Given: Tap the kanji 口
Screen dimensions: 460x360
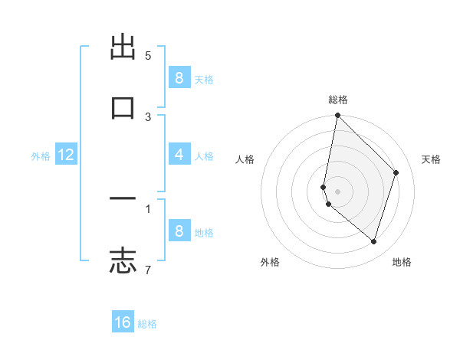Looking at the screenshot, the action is pyautogui.click(x=123, y=107).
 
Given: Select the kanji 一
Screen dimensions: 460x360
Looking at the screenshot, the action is pyautogui.click(x=123, y=198).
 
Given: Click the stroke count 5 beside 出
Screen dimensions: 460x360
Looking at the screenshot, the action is pyautogui.click(x=148, y=56).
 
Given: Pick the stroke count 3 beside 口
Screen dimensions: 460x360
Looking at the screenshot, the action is pyautogui.click(x=148, y=116).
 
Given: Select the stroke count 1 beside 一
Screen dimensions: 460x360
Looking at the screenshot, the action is pyautogui.click(x=148, y=208).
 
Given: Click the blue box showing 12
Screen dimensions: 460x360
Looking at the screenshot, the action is pyautogui.click(x=66, y=155).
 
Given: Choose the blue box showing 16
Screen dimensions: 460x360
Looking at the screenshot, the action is pyautogui.click(x=123, y=322).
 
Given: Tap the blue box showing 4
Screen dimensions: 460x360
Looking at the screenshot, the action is pyautogui.click(x=179, y=155).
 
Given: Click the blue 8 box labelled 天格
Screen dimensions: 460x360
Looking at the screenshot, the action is pyautogui.click(x=179, y=78).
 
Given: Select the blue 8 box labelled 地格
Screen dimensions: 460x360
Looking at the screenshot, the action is pyautogui.click(x=179, y=231).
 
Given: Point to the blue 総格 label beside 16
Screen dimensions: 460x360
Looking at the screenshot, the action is pyautogui.click(x=147, y=324).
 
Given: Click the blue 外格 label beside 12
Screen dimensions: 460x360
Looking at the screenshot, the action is pyautogui.click(x=41, y=156).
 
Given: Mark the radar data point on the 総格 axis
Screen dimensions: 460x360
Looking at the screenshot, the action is pyautogui.click(x=337, y=116).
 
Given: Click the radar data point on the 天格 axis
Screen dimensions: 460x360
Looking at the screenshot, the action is pyautogui.click(x=396, y=172).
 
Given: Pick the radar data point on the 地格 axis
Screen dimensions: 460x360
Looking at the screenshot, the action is pyautogui.click(x=373, y=241).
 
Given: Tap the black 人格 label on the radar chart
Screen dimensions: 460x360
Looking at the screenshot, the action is pyautogui.click(x=245, y=159).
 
